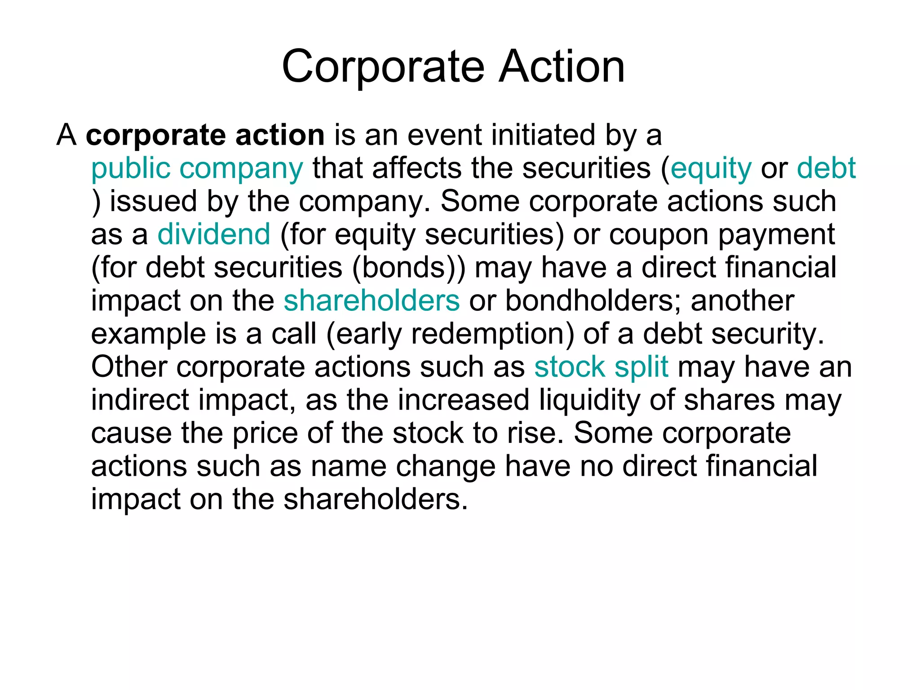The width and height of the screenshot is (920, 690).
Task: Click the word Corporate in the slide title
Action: click(x=383, y=67)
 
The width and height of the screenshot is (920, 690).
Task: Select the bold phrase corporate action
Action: click(x=205, y=135)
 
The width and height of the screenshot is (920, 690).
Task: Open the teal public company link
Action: click(x=197, y=169)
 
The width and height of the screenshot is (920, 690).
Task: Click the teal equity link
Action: click(x=711, y=169)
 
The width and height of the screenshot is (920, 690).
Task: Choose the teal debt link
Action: click(x=826, y=168)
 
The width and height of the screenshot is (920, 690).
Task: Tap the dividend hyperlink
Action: click(x=214, y=234)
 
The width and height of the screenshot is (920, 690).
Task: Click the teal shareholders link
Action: click(x=372, y=300)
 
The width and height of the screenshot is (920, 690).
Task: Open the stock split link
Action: click(x=601, y=367)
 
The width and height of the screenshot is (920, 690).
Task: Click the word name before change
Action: click(x=349, y=466)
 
